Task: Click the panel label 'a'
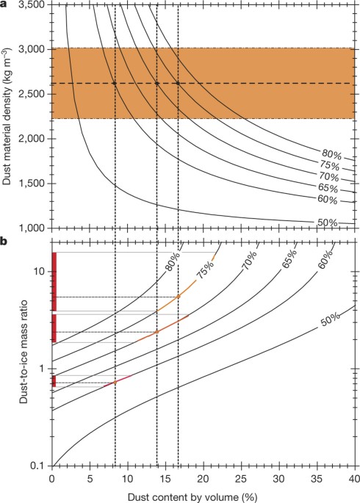tap(4, 4)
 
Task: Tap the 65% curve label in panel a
tap(329, 189)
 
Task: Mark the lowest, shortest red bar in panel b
tap(54, 381)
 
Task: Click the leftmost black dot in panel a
tap(115, 83)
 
